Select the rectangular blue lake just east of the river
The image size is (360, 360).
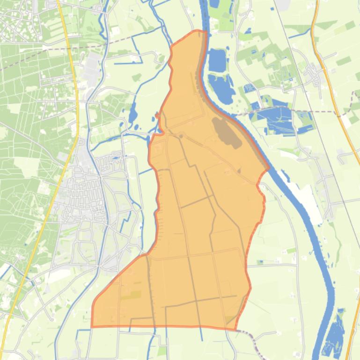coord(217,60)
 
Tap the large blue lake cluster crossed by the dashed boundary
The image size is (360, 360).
coord(276,117)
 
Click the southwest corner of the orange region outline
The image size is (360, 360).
coord(91,326)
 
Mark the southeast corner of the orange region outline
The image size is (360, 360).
coord(235,329)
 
